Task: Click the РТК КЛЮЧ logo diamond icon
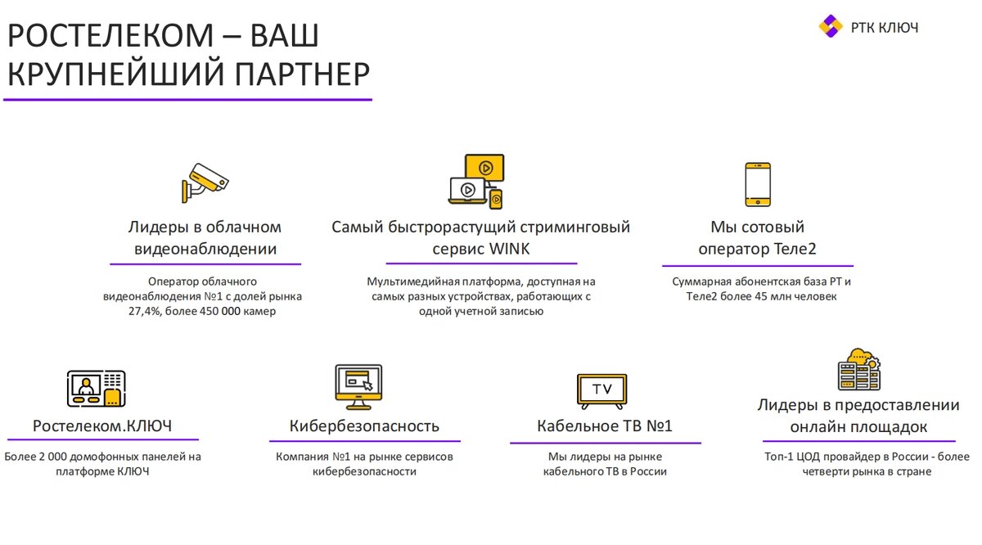click(x=830, y=26)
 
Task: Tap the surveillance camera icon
click(x=205, y=182)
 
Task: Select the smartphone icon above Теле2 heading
click(x=757, y=184)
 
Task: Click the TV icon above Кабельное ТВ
click(x=601, y=390)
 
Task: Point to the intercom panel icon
click(x=96, y=389)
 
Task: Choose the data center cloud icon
click(x=858, y=370)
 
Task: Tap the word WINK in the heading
click(x=509, y=249)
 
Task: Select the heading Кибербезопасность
click(x=364, y=426)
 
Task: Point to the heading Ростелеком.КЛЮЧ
click(x=102, y=426)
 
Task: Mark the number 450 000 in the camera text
click(x=224, y=312)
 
